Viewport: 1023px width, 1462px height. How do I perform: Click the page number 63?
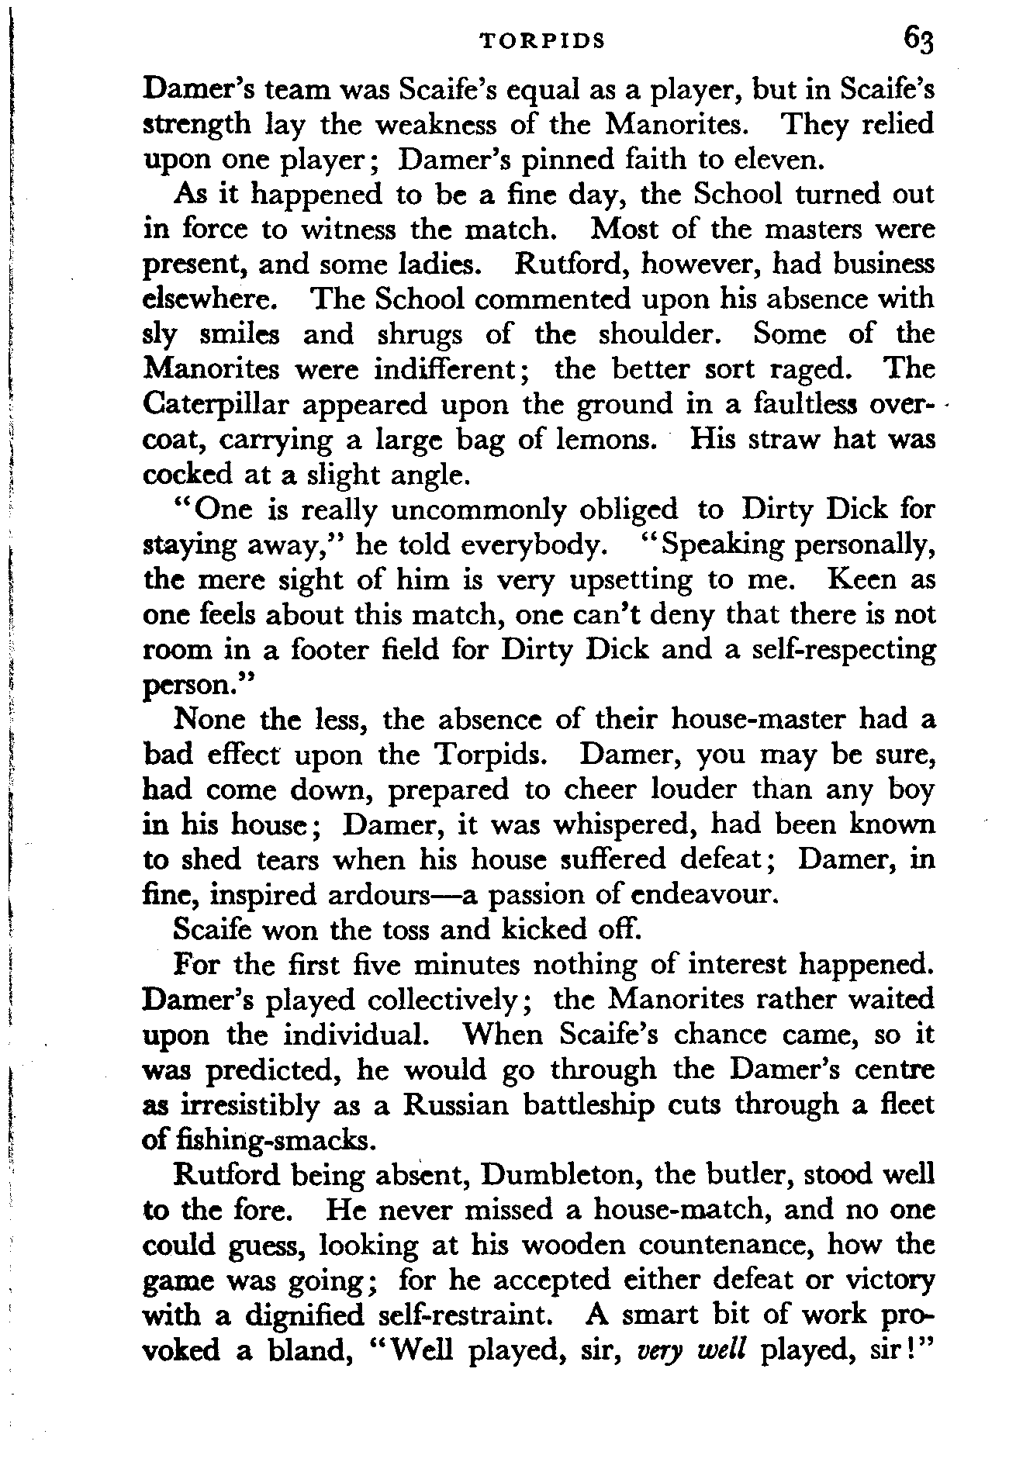point(917,40)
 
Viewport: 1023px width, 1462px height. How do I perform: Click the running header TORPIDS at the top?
point(542,42)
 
